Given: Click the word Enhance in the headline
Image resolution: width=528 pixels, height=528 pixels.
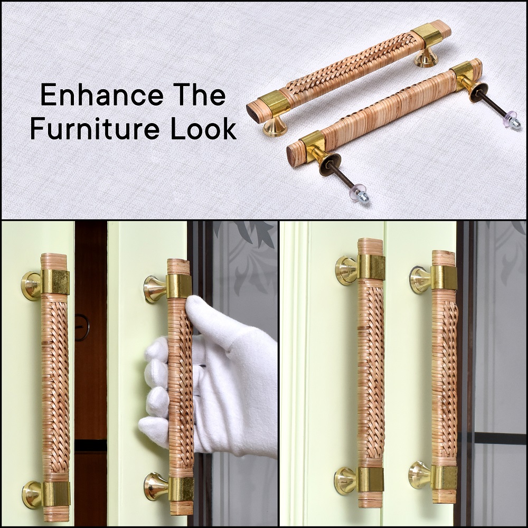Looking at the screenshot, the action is pos(102,95).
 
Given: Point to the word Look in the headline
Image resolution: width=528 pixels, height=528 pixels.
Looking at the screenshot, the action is pos(203,129).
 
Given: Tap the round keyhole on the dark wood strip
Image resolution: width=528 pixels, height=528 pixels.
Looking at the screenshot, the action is pos(81,328).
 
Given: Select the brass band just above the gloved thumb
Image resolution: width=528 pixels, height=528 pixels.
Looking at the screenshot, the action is pos(179,286).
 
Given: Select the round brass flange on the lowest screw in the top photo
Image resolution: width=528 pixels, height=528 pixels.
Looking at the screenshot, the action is pos(330,165).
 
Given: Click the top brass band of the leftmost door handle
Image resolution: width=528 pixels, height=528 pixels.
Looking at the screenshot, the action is pos(55,281).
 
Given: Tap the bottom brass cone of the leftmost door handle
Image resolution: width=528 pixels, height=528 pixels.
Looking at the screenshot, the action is pos(32,494).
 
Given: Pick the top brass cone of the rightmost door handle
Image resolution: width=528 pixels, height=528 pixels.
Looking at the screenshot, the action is pos(421,278).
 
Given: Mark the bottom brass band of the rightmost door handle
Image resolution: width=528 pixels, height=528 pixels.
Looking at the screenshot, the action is pos(445,477).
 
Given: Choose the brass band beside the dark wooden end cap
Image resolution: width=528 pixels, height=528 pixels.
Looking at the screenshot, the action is pos(273,102).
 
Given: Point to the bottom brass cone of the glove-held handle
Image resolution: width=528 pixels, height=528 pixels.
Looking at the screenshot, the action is pos(157,487).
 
